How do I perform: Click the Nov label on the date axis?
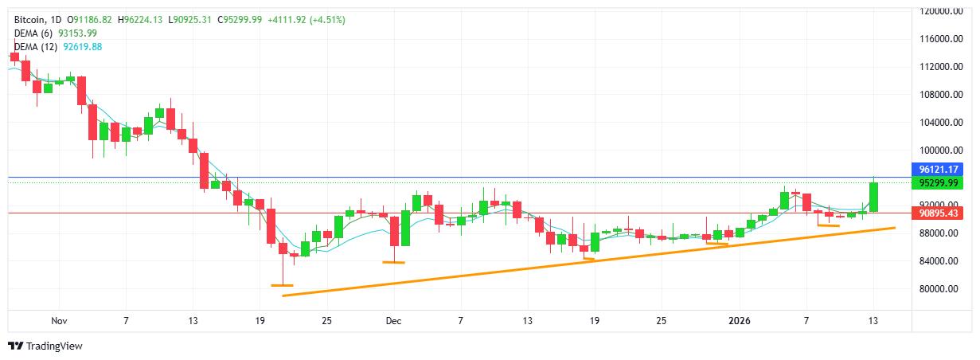(x=58, y=320)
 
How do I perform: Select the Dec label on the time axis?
(x=393, y=320)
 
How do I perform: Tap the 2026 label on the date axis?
(x=740, y=320)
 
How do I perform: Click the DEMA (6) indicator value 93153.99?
(x=78, y=33)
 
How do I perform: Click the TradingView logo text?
(x=54, y=346)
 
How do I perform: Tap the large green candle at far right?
(x=873, y=197)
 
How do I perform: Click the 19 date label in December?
(x=594, y=320)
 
